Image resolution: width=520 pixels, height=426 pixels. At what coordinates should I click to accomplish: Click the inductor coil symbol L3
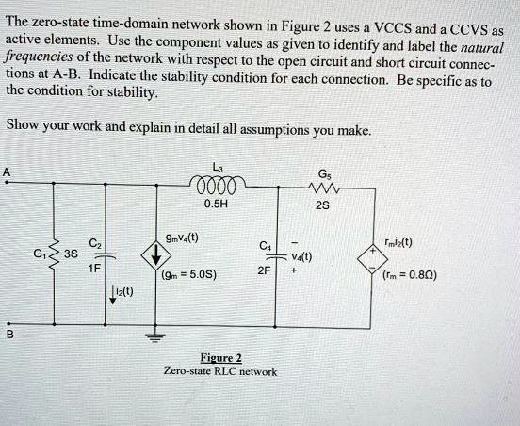218,182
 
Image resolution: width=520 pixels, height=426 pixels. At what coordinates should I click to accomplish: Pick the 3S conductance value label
71,254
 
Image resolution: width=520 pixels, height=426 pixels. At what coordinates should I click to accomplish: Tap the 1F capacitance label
92,268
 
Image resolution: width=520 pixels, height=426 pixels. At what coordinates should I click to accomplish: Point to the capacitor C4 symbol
278,254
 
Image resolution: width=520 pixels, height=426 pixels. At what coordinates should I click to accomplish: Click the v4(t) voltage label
301,255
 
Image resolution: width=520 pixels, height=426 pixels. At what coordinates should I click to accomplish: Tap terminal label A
8,172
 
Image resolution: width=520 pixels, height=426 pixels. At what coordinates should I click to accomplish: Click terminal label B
8,332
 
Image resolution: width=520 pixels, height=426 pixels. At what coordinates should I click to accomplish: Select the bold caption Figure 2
222,357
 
